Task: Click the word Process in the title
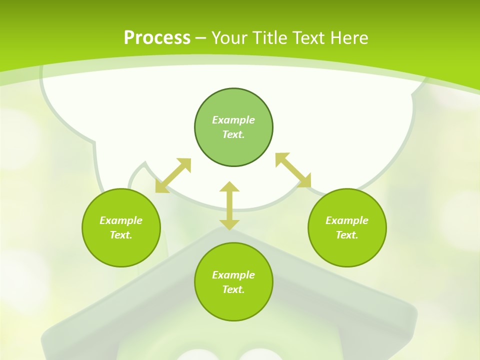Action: (157, 38)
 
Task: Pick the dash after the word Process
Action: (200, 38)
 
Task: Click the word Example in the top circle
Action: (233, 120)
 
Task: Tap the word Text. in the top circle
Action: (233, 134)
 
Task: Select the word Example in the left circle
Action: (121, 220)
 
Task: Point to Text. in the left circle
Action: (121, 235)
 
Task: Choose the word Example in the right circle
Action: (347, 220)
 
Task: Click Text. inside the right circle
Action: (347, 235)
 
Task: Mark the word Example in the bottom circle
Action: (233, 275)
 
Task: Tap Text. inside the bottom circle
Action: (233, 289)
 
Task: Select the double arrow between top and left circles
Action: (173, 175)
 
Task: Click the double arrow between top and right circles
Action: (293, 170)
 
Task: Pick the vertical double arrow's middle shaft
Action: (229, 205)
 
